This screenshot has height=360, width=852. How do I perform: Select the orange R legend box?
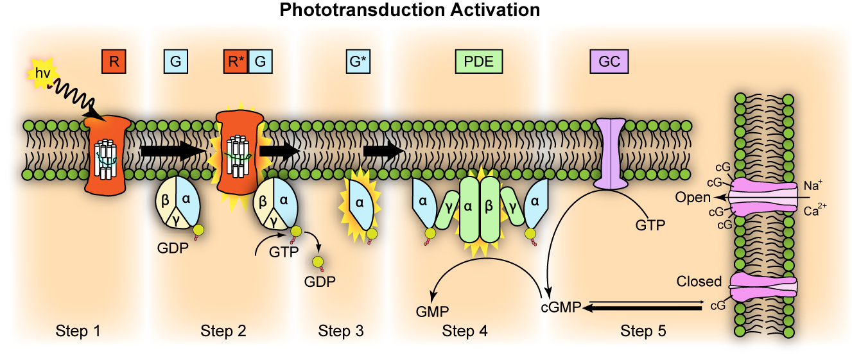(114, 62)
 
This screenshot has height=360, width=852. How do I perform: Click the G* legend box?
(356, 62)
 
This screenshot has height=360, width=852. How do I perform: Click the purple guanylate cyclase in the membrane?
(609, 154)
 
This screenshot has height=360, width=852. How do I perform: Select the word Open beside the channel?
(693, 198)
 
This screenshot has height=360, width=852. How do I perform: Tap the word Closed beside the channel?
(699, 282)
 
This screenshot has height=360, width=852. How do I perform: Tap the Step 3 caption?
(340, 331)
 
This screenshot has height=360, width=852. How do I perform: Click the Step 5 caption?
(643, 331)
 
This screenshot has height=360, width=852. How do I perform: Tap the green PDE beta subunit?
(489, 209)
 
